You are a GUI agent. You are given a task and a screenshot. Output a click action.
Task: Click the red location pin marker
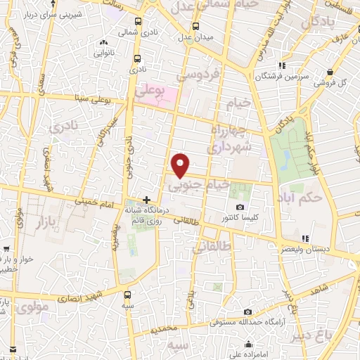[181, 165]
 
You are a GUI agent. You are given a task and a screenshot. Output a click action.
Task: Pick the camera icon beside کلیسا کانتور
[240, 207]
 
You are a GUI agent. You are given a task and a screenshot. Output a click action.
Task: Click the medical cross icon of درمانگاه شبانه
[146, 200]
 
